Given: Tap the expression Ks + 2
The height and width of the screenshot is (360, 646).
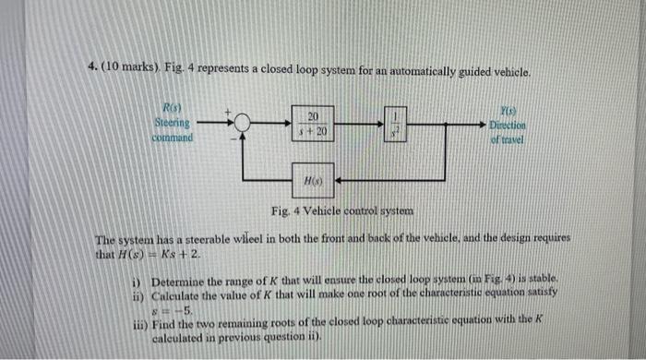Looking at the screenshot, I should pyautogui.click(x=176, y=254).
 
